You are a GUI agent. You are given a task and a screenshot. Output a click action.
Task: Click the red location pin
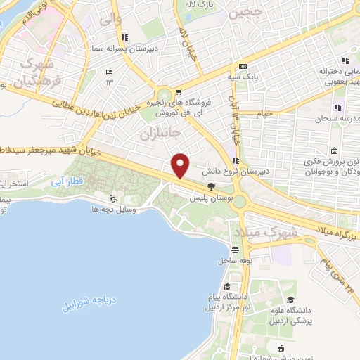pyautogui.click(x=181, y=165)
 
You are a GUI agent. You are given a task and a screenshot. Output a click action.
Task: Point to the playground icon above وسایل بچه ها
pyautogui.click(x=113, y=198)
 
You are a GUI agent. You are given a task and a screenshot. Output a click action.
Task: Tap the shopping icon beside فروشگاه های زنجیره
pyautogui.click(x=179, y=92)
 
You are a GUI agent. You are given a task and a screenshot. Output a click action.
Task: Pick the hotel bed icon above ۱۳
pyautogui.click(x=108, y=72)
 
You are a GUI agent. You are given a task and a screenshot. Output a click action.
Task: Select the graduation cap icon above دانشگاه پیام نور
pyautogui.click(x=229, y=286)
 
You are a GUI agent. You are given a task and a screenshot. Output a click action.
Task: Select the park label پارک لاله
pyautogui.click(x=218, y=5)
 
